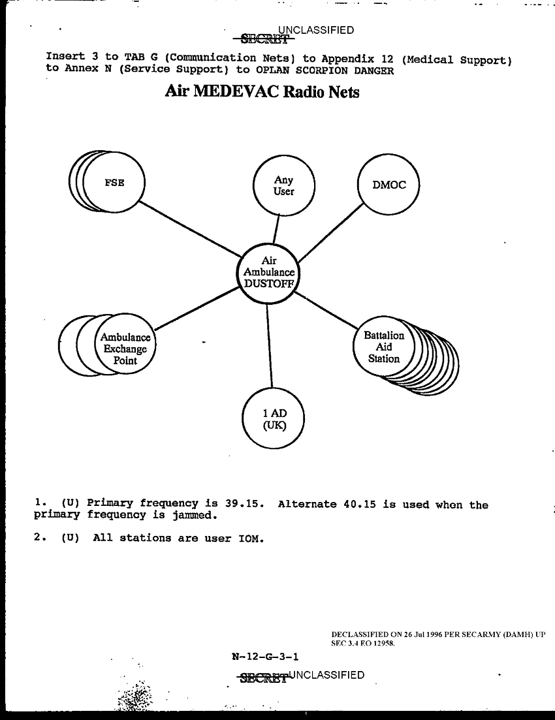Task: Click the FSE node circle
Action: pos(115,183)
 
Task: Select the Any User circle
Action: pos(283,186)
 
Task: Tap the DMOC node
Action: pos(388,185)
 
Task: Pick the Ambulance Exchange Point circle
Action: pos(125,349)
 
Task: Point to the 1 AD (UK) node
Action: pos(274,419)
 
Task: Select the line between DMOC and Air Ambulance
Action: pos(330,233)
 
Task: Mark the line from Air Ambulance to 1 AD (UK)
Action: pos(269,346)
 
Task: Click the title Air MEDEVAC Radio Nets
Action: pos(262,92)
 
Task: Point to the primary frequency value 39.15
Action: pos(244,504)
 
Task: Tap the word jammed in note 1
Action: pos(194,515)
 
